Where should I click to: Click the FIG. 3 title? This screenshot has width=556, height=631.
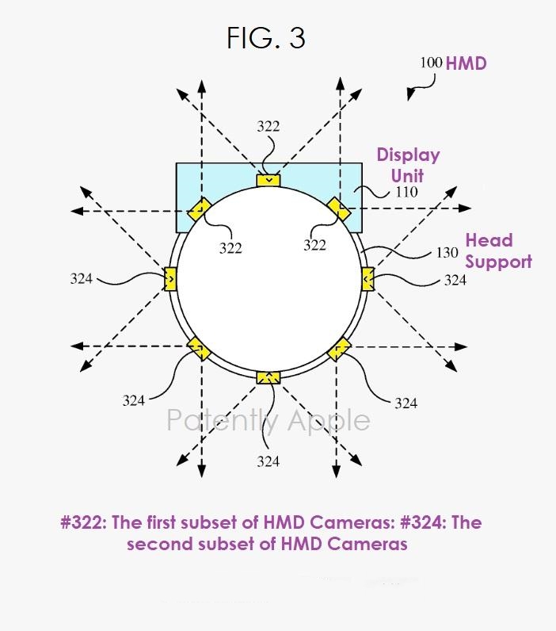pos(266,38)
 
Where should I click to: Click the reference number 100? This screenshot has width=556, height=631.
pos(431,63)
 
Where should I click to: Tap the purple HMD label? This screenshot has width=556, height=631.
pos(467,63)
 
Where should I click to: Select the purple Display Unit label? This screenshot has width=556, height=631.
pos(408,166)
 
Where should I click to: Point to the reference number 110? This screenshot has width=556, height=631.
pos(406,192)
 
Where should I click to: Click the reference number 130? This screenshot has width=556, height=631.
pos(447,253)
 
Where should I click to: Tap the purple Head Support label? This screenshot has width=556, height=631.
pos(498,250)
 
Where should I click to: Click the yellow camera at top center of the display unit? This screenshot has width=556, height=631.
pos(268,180)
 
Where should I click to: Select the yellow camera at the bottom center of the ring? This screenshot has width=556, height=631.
pos(268,377)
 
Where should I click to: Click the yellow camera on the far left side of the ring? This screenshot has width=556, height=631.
pos(170,279)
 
